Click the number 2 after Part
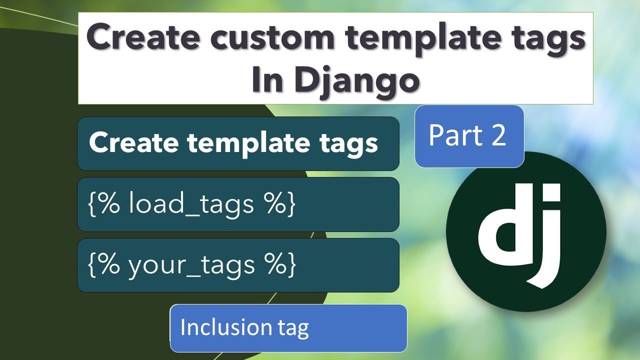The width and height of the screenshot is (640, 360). (498, 136)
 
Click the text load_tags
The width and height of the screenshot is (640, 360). (191, 204)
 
